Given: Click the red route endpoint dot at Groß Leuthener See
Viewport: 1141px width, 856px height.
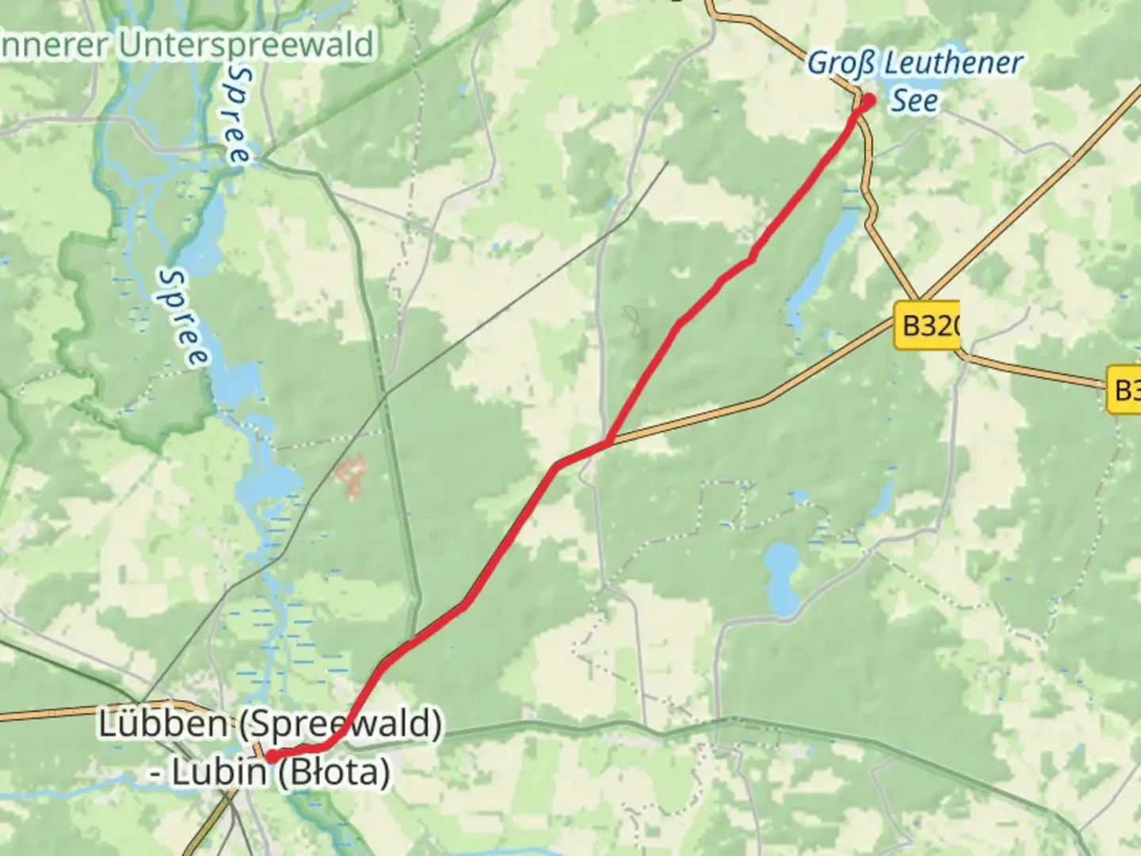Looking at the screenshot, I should click(868, 101).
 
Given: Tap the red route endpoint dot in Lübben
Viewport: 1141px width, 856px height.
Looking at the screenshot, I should click(271, 757).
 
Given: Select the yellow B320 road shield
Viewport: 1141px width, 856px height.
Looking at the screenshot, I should click(926, 325).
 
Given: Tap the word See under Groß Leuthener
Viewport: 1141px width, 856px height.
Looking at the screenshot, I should click(914, 101).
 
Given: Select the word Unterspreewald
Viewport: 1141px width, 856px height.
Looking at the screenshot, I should click(246, 44).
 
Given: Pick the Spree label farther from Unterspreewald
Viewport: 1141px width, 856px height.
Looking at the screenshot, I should click(184, 317).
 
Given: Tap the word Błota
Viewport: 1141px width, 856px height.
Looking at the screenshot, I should click(334, 771).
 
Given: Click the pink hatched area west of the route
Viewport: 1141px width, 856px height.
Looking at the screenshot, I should click(350, 476).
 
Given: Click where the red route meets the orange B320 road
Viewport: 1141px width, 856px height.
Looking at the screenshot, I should click(608, 441).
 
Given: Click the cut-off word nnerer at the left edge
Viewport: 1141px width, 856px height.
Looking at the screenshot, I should click(54, 44).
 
